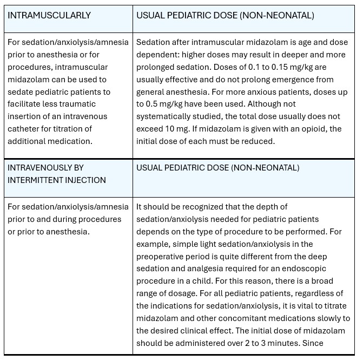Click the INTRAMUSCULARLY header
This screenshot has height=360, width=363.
pyautogui.click(x=49, y=15)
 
